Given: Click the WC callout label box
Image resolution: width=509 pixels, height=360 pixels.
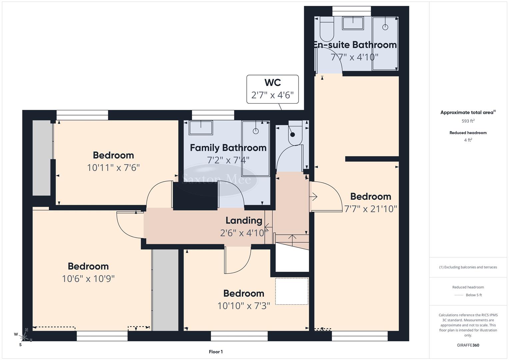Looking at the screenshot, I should [x=272, y=89].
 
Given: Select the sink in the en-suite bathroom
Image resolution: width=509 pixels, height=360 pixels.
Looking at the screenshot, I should [x=353, y=23].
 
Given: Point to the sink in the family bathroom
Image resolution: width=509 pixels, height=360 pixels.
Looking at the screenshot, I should [x=201, y=128].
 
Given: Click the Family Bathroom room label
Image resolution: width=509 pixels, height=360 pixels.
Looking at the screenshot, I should [x=228, y=148].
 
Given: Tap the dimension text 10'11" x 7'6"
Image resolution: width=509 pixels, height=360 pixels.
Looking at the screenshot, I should [x=113, y=167].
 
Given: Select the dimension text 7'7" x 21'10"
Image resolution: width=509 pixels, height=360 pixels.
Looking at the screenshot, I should [x=370, y=209].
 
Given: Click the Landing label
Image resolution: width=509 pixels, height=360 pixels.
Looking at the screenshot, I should [x=244, y=220].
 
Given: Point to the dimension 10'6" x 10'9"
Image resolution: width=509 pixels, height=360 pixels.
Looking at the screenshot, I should [x=88, y=279].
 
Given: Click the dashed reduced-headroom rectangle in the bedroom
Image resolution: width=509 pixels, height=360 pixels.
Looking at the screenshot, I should [x=292, y=291].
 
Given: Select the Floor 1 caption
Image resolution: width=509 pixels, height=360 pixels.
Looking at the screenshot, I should [x=216, y=352].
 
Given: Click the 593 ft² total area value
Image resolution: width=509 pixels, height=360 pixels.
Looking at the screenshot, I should [x=468, y=121].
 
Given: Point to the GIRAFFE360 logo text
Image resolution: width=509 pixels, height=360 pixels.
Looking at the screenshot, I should [x=468, y=345].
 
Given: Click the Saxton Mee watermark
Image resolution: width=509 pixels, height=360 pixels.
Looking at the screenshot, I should [x=217, y=180].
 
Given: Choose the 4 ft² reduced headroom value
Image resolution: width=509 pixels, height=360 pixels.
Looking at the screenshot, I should [x=468, y=140].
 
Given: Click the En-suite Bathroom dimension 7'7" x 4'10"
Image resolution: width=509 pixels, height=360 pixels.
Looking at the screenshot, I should [x=354, y=57].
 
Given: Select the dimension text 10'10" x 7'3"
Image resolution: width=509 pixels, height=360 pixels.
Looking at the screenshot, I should [x=244, y=306].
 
